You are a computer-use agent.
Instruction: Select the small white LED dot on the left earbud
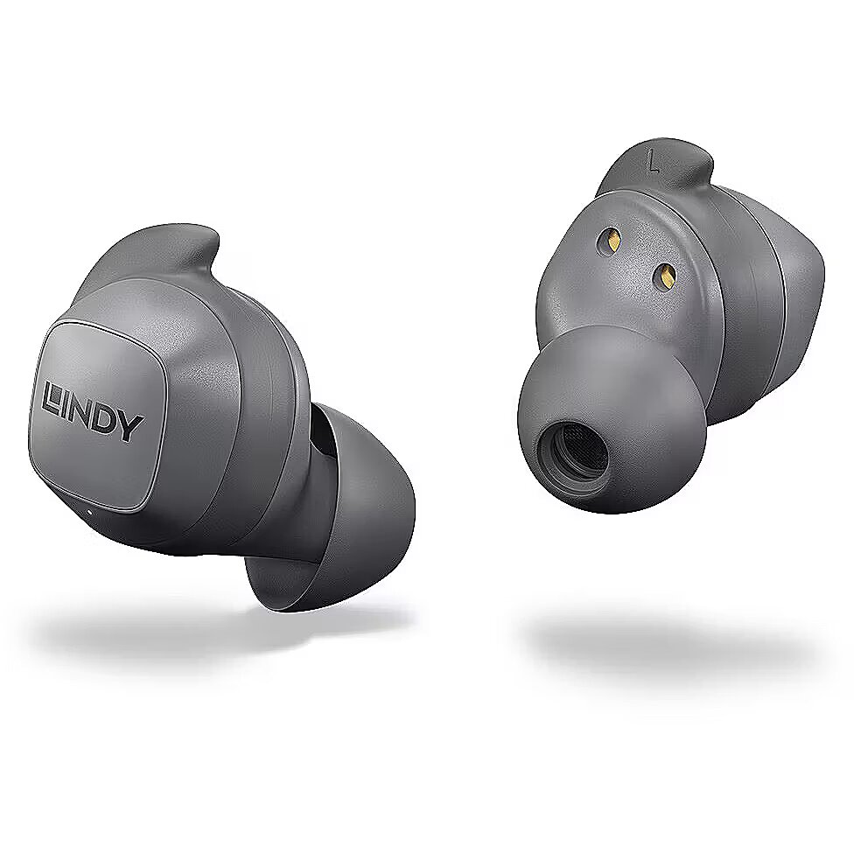[x=89, y=511]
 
